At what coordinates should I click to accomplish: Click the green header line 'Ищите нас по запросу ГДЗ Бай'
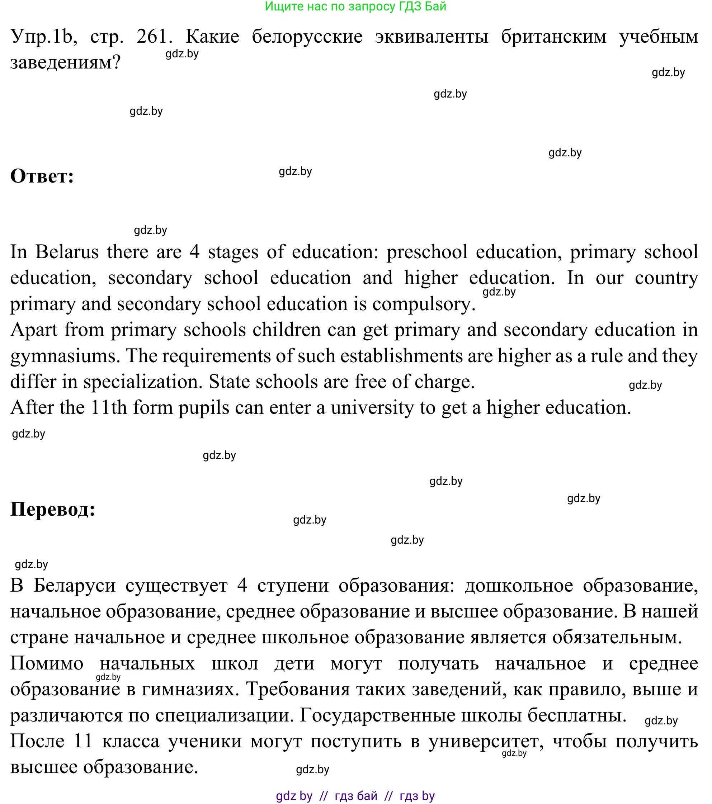coord(355,6)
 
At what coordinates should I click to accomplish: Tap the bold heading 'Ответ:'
coord(42,176)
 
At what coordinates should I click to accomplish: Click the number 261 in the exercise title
coord(152,37)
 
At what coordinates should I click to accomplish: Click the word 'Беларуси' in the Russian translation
coord(74,585)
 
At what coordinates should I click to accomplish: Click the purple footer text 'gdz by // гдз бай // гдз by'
coord(355,796)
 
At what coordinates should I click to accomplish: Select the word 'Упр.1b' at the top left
coord(41,37)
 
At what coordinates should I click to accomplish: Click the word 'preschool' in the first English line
coord(427,252)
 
